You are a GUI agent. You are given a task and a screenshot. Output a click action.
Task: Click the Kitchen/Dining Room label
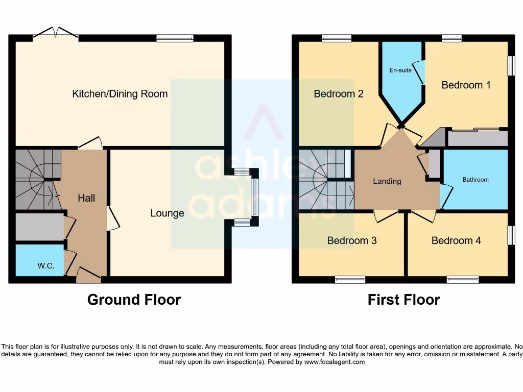click(120, 94)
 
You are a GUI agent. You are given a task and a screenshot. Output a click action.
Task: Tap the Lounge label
click(167, 213)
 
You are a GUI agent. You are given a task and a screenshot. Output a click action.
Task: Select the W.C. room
click(39, 261)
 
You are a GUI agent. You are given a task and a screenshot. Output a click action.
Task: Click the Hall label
click(86, 198)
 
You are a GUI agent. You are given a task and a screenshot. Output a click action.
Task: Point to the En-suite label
click(400, 70)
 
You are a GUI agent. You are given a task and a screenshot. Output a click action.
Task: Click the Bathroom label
click(475, 180)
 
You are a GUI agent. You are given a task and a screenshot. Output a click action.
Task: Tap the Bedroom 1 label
click(466, 85)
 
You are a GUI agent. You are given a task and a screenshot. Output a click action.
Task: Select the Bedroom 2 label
click(338, 94)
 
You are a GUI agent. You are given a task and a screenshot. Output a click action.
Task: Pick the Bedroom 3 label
click(352, 240)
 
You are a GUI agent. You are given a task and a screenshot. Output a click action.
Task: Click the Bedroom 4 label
click(456, 240)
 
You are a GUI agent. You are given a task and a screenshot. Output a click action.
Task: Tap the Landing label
click(387, 181)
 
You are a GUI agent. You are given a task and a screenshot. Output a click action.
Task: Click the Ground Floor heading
click(134, 300)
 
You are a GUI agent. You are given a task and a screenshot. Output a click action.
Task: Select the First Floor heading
click(403, 300)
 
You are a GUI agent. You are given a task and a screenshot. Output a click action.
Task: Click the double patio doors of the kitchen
click(56, 35)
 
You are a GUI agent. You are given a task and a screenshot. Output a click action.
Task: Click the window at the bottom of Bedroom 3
click(350, 279)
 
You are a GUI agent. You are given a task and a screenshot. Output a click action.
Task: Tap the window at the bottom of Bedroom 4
click(463, 279)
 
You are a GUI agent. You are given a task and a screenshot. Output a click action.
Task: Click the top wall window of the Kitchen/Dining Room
click(175, 38)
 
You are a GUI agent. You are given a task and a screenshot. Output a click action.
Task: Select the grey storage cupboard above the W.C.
click(39, 227)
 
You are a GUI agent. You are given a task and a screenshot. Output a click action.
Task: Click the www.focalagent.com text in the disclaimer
click(335, 362)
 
